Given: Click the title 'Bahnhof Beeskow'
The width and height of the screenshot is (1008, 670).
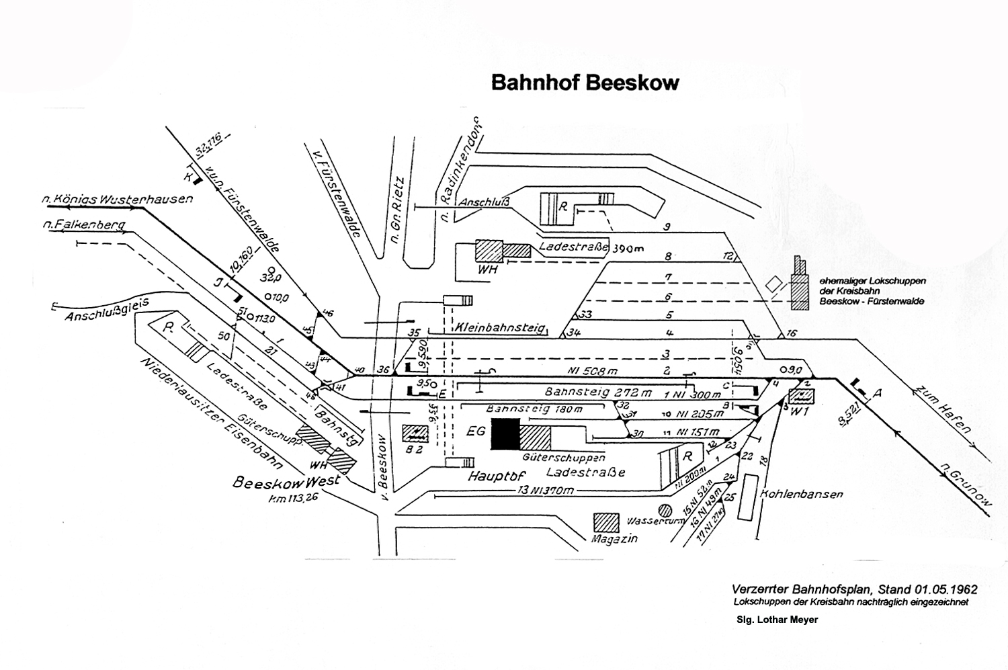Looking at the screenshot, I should tap(585, 82).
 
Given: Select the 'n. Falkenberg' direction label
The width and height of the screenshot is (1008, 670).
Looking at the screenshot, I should tap(83, 226).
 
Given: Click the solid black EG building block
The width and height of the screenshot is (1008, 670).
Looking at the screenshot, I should tap(505, 435).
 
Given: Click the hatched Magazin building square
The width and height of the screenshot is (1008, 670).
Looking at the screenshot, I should tap(606, 524).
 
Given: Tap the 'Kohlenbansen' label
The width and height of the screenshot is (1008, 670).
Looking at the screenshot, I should tap(801, 494).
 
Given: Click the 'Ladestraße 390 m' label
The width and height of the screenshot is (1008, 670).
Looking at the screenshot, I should tap(591, 248).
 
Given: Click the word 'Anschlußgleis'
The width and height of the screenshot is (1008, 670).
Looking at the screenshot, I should tap(106, 310).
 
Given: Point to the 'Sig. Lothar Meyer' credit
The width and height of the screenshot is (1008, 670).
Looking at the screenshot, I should tap(776, 620).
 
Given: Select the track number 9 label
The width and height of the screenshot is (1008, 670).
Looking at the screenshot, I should tap(667, 227).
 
